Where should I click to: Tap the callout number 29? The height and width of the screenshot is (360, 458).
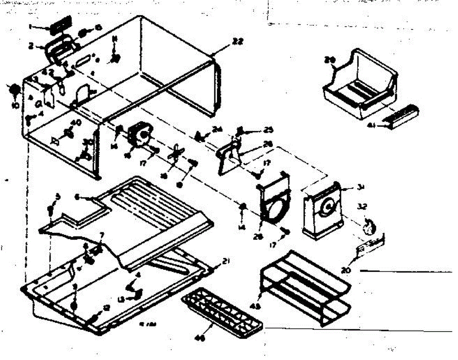[329, 60]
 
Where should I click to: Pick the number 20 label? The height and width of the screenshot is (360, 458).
[346, 270]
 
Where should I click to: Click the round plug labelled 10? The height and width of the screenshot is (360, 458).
[15, 90]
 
